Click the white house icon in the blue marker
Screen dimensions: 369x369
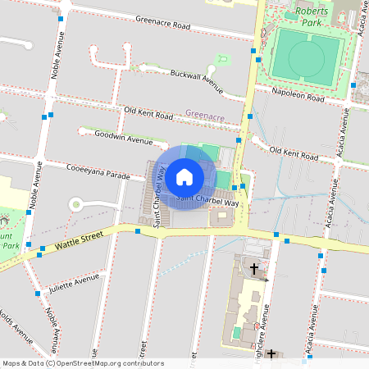click(x=184, y=176)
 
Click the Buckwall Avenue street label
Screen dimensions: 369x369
click(x=197, y=78)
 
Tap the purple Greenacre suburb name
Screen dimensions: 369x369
click(x=205, y=116)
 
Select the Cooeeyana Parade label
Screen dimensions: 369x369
click(x=98, y=173)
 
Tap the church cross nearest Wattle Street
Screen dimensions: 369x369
click(x=254, y=268)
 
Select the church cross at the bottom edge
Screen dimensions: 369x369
click(x=271, y=354)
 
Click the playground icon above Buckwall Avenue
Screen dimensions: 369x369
click(x=220, y=59)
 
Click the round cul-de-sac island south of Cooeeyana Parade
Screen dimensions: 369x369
click(x=76, y=203)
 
